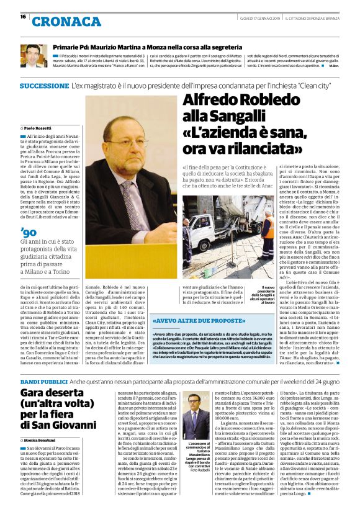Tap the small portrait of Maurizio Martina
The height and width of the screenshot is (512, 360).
33,56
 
